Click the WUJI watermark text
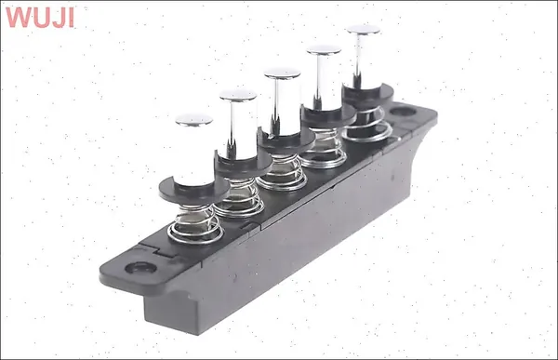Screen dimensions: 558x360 [40, 17]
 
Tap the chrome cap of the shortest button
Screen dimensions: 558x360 [194, 120]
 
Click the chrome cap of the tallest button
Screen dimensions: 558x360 [364, 30]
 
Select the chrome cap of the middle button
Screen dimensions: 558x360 [282, 73]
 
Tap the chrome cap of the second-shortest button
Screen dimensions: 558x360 [238, 96]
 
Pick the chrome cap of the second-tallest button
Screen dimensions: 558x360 [324, 50]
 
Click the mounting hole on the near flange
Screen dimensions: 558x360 [141, 268]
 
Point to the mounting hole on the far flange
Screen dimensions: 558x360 [403, 112]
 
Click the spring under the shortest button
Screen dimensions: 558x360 [195, 224]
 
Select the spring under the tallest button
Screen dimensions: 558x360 [367, 126]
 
